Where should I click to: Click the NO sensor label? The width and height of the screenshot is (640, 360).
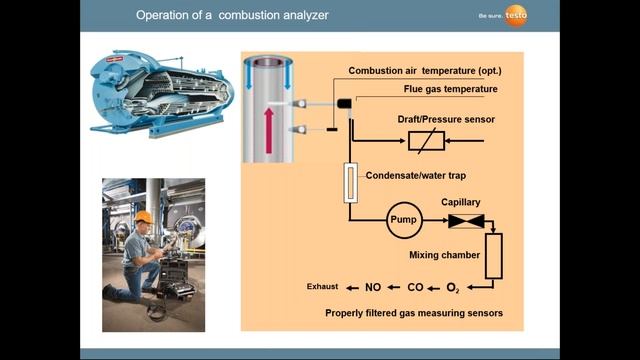point(373,288)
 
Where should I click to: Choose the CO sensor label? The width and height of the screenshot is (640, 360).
point(415,288)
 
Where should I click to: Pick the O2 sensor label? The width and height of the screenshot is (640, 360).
point(453,288)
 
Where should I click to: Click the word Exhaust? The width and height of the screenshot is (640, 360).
point(322,288)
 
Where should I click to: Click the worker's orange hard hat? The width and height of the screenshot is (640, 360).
point(144,217)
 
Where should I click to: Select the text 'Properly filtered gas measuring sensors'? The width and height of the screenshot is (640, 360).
point(413,313)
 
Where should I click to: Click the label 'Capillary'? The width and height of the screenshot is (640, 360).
point(461,202)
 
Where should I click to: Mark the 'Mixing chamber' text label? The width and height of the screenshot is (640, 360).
point(445,255)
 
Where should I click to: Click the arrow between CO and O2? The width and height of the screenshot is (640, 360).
point(434,288)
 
